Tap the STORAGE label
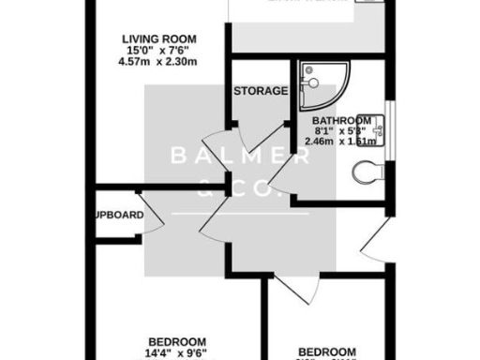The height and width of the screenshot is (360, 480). (260, 91)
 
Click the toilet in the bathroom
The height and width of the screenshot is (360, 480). (371, 172)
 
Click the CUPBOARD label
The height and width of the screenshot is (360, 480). (119, 216)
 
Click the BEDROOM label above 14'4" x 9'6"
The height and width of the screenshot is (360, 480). (177, 340)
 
